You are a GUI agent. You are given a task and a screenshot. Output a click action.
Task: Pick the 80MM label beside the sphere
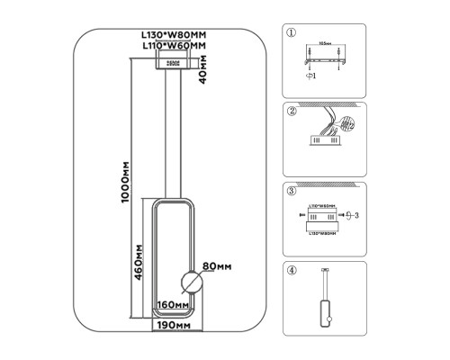click(218, 266)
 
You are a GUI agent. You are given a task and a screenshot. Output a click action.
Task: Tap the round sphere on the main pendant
click(189, 281)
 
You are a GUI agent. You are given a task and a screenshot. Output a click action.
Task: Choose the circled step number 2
click(291, 111)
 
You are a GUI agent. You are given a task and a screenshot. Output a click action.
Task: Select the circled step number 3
click(291, 190)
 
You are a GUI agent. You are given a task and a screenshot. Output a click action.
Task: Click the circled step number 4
click(291, 269)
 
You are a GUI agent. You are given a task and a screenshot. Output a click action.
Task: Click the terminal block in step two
click(321, 140)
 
